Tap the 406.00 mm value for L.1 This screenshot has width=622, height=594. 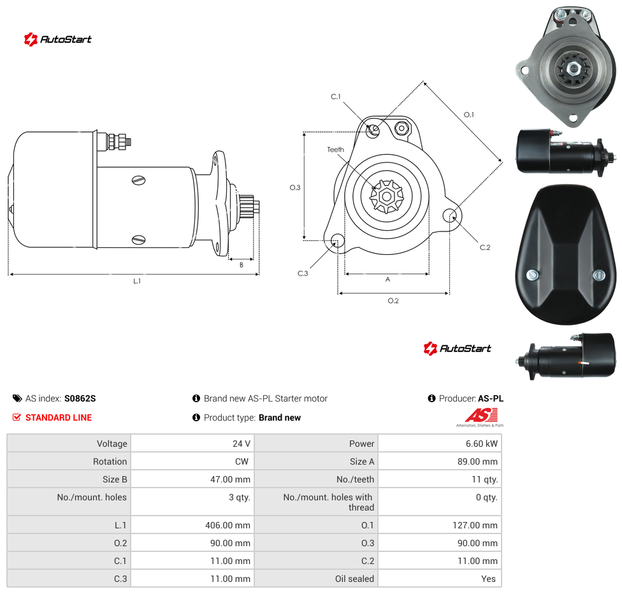pyautogui.click(x=228, y=525)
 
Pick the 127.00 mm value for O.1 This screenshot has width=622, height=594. pyautogui.click(x=475, y=525)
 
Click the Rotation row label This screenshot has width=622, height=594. pyautogui.click(x=110, y=461)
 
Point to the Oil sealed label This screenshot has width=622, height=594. pyautogui.click(x=354, y=579)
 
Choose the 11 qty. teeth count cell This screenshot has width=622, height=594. pyautogui.click(x=485, y=479)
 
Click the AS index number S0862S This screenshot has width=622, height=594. pyautogui.click(x=80, y=398)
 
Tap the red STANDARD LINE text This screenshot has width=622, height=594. pyautogui.click(x=59, y=417)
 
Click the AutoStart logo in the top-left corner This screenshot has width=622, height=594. pyautogui.click(x=58, y=40)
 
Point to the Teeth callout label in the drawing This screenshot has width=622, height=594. pyautogui.click(x=336, y=150)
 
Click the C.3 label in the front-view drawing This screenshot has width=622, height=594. pyautogui.click(x=303, y=273)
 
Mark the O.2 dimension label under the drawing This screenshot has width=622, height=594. pyautogui.click(x=393, y=301)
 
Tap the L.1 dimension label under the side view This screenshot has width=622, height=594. pyautogui.click(x=137, y=281)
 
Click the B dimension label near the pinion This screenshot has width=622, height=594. pyautogui.click(x=241, y=265)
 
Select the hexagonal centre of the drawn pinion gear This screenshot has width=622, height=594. pyautogui.click(x=386, y=196)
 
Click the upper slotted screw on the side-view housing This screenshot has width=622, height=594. pyautogui.click(x=138, y=180)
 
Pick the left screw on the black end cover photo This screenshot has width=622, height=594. pyautogui.click(x=532, y=275)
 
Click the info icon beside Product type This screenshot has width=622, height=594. pyautogui.click(x=196, y=417)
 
